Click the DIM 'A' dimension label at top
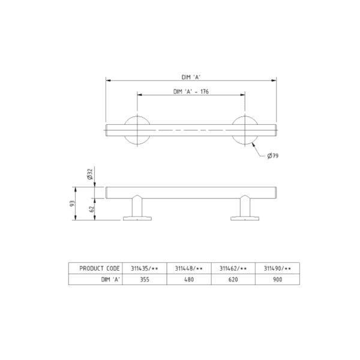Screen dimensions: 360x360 (190, 77)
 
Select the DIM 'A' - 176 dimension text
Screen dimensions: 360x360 (190, 92)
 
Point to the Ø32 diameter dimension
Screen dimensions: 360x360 (89, 175)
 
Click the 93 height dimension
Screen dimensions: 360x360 (73, 204)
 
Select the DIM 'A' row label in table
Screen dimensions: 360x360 (110, 279)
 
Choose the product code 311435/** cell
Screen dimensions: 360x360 (145, 268)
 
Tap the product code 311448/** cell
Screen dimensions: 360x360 (189, 268)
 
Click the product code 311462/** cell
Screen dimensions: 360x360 (233, 268)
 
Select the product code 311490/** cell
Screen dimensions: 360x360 (277, 268)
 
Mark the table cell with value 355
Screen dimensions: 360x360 (145, 279)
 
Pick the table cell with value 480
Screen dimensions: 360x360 (189, 279)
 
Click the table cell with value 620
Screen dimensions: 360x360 (233, 279)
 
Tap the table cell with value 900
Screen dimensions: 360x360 (277, 279)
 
